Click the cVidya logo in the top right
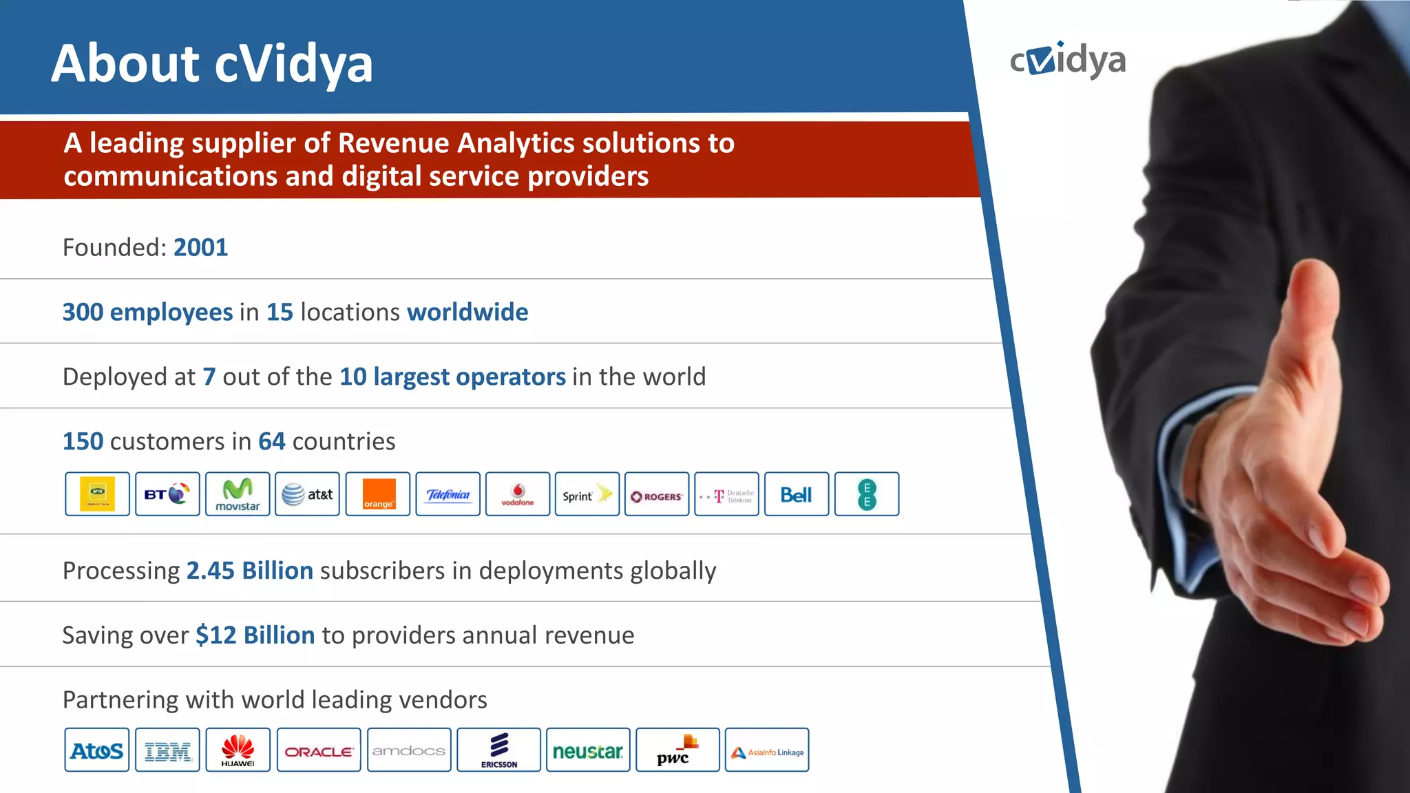[1067, 61]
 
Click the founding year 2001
[200, 248]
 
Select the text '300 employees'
[147, 313]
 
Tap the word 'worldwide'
[467, 313]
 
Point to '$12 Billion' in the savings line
[255, 635]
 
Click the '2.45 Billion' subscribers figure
[250, 571]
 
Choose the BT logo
[167, 494]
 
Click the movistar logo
[238, 494]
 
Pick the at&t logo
[307, 494]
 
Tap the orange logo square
[378, 494]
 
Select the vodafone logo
[518, 494]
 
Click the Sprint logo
[587, 494]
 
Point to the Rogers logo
[657, 494]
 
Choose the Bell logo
[797, 494]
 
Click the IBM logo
[167, 750]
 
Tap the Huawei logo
[238, 750]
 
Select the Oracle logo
[319, 750]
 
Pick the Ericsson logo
[499, 750]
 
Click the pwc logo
[677, 750]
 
